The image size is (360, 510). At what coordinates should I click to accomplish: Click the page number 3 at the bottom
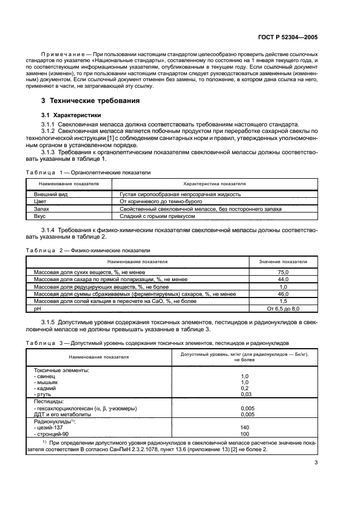[316, 463]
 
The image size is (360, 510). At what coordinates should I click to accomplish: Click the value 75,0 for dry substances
[283, 271]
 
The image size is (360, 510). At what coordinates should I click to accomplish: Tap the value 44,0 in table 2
[283, 279]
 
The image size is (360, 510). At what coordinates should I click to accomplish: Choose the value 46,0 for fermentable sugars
[283, 294]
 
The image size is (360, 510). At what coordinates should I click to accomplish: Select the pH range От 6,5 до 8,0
[283, 308]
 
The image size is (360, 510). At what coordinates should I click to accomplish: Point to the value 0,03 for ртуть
[246, 393]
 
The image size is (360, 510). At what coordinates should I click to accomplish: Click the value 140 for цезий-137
[245, 428]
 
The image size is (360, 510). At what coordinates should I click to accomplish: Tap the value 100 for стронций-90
[245, 434]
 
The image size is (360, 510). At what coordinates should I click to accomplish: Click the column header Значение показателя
[283, 262]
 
